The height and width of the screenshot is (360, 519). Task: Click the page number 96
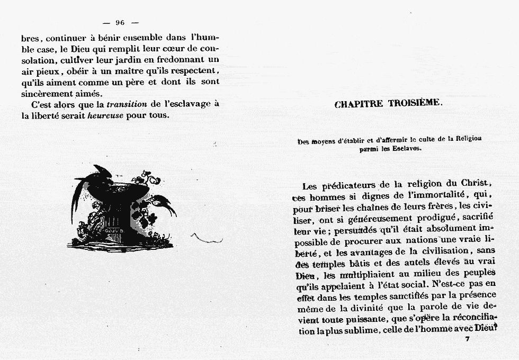(119, 22)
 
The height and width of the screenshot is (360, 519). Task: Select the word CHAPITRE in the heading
(359, 104)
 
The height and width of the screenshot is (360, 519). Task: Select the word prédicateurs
(349, 185)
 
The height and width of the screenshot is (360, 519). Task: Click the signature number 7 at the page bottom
(467, 339)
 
